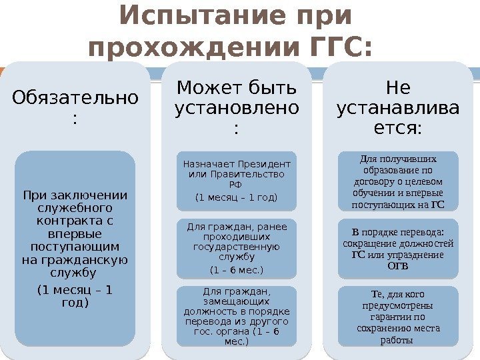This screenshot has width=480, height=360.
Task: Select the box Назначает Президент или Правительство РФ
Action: click(x=237, y=180)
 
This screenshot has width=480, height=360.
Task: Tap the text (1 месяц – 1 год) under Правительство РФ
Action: click(x=237, y=197)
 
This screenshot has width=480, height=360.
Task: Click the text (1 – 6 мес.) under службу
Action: click(x=237, y=270)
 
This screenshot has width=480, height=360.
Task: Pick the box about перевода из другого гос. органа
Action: click(x=237, y=316)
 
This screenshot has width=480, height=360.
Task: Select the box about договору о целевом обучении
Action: click(x=398, y=181)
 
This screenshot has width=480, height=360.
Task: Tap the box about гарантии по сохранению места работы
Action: click(x=398, y=316)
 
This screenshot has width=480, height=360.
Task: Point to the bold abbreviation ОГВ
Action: click(x=398, y=266)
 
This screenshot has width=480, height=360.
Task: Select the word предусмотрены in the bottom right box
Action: click(x=398, y=305)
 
